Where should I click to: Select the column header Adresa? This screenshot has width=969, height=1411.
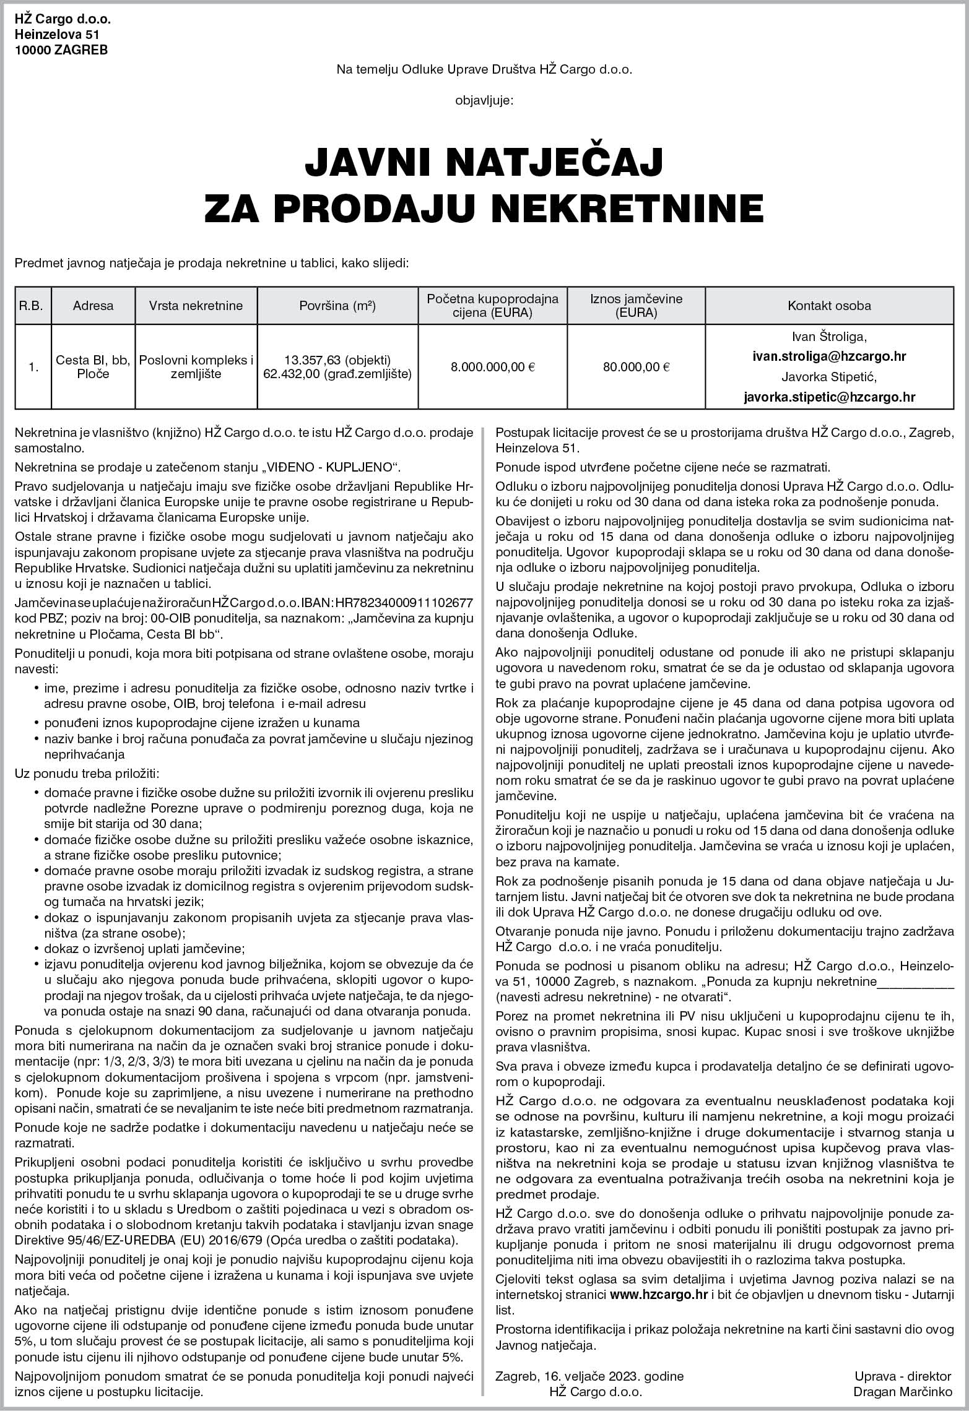coord(93,306)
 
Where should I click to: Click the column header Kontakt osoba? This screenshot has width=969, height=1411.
coord(829,306)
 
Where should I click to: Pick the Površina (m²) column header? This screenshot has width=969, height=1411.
coord(337,306)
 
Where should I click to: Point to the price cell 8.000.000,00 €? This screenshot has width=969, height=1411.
coord(493,367)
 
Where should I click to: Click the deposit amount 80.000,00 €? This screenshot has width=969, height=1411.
coord(636,367)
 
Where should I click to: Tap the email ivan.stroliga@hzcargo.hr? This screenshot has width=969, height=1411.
coord(829,356)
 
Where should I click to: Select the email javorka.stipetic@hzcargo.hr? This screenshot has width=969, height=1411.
coord(829,397)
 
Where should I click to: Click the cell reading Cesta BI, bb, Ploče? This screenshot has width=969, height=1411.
coord(93,367)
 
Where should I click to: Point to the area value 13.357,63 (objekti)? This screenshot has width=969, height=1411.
coord(337,360)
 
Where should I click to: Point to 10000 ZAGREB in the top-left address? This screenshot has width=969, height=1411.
coord(61,51)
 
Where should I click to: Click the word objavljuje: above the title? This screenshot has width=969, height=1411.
coord(484,99)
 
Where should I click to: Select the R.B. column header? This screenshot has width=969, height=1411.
coord(31,306)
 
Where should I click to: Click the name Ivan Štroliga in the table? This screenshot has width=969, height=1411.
coord(829,337)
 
